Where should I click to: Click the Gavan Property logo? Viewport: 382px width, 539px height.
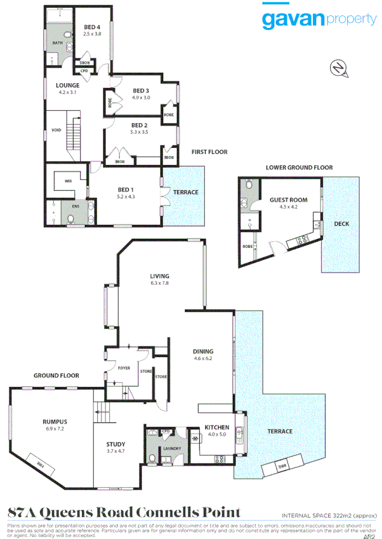pos(319,18)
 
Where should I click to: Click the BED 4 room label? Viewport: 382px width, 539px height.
pos(92,27)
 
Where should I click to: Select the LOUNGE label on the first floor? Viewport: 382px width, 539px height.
pos(67,85)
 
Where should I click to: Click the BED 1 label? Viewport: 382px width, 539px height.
pos(126,190)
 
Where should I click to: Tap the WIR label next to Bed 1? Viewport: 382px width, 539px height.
pos(68,181)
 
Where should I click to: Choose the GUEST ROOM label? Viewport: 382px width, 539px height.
pos(288,200)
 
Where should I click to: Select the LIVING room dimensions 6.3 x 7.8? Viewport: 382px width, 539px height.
pos(159,283)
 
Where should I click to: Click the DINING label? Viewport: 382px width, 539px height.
pos(204,351)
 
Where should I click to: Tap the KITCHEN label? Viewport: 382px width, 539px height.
pos(216,427)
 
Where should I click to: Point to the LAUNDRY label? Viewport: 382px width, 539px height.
pos(172,448)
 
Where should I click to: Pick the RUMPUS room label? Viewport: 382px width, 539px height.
pos(55,422)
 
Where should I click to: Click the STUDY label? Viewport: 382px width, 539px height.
pos(115,444)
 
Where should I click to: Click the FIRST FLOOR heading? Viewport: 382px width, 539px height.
pos(209,152)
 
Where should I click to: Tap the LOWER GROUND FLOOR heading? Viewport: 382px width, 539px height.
pos(299,167)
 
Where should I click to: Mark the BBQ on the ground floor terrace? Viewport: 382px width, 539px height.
pos(282,467)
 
